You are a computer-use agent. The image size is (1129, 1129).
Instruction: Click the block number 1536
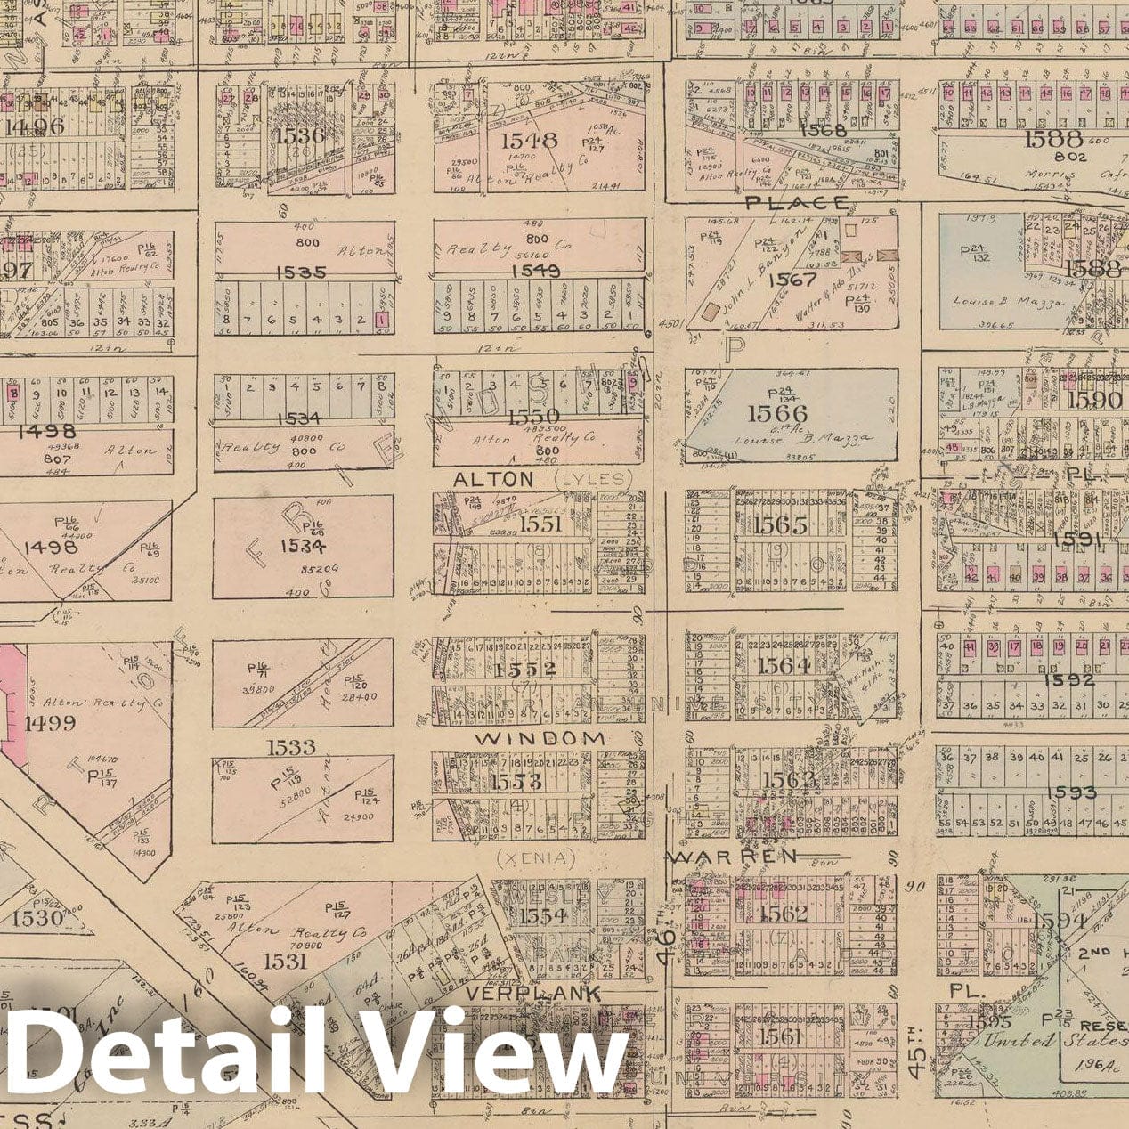[301, 135]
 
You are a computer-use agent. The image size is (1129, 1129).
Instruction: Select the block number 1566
[777, 413]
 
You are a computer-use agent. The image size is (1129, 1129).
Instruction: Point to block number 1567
[792, 279]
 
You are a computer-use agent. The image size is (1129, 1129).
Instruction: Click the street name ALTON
[493, 479]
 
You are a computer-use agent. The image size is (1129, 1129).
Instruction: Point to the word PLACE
[797, 202]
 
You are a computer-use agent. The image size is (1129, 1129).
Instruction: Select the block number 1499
[50, 722]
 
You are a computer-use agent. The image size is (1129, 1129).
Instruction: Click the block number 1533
[289, 746]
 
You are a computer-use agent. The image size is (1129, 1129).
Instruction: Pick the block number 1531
[285, 960]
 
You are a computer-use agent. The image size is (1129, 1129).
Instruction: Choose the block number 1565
[780, 525]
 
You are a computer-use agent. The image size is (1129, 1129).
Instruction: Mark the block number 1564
[784, 665]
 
